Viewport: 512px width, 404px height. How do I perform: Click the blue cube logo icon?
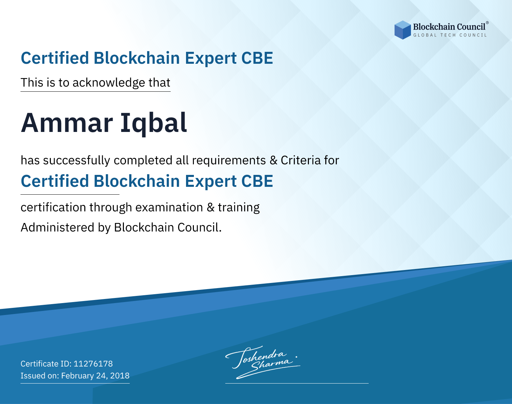[x=402, y=30]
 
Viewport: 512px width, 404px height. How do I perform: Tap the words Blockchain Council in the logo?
[x=449, y=27]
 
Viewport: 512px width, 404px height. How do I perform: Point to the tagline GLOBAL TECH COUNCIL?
[x=450, y=35]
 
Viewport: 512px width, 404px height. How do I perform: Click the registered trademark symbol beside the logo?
[x=487, y=23]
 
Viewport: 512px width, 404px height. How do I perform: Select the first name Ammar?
[x=67, y=123]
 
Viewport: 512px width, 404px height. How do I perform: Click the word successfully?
[x=76, y=161]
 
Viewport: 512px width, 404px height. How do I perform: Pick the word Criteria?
[x=301, y=160]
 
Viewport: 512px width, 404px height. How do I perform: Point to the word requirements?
[x=229, y=161]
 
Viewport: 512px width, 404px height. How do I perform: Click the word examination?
[x=169, y=207]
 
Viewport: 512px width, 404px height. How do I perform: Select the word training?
[x=239, y=208]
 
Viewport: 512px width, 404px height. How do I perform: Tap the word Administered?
[x=58, y=227]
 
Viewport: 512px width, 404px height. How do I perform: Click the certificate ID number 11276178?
[x=93, y=364]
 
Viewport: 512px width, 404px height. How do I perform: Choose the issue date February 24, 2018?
[x=95, y=376]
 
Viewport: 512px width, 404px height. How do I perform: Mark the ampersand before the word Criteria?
[x=273, y=161]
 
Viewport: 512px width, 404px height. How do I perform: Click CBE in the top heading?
[x=257, y=58]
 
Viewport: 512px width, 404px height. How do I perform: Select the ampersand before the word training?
[x=210, y=208]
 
